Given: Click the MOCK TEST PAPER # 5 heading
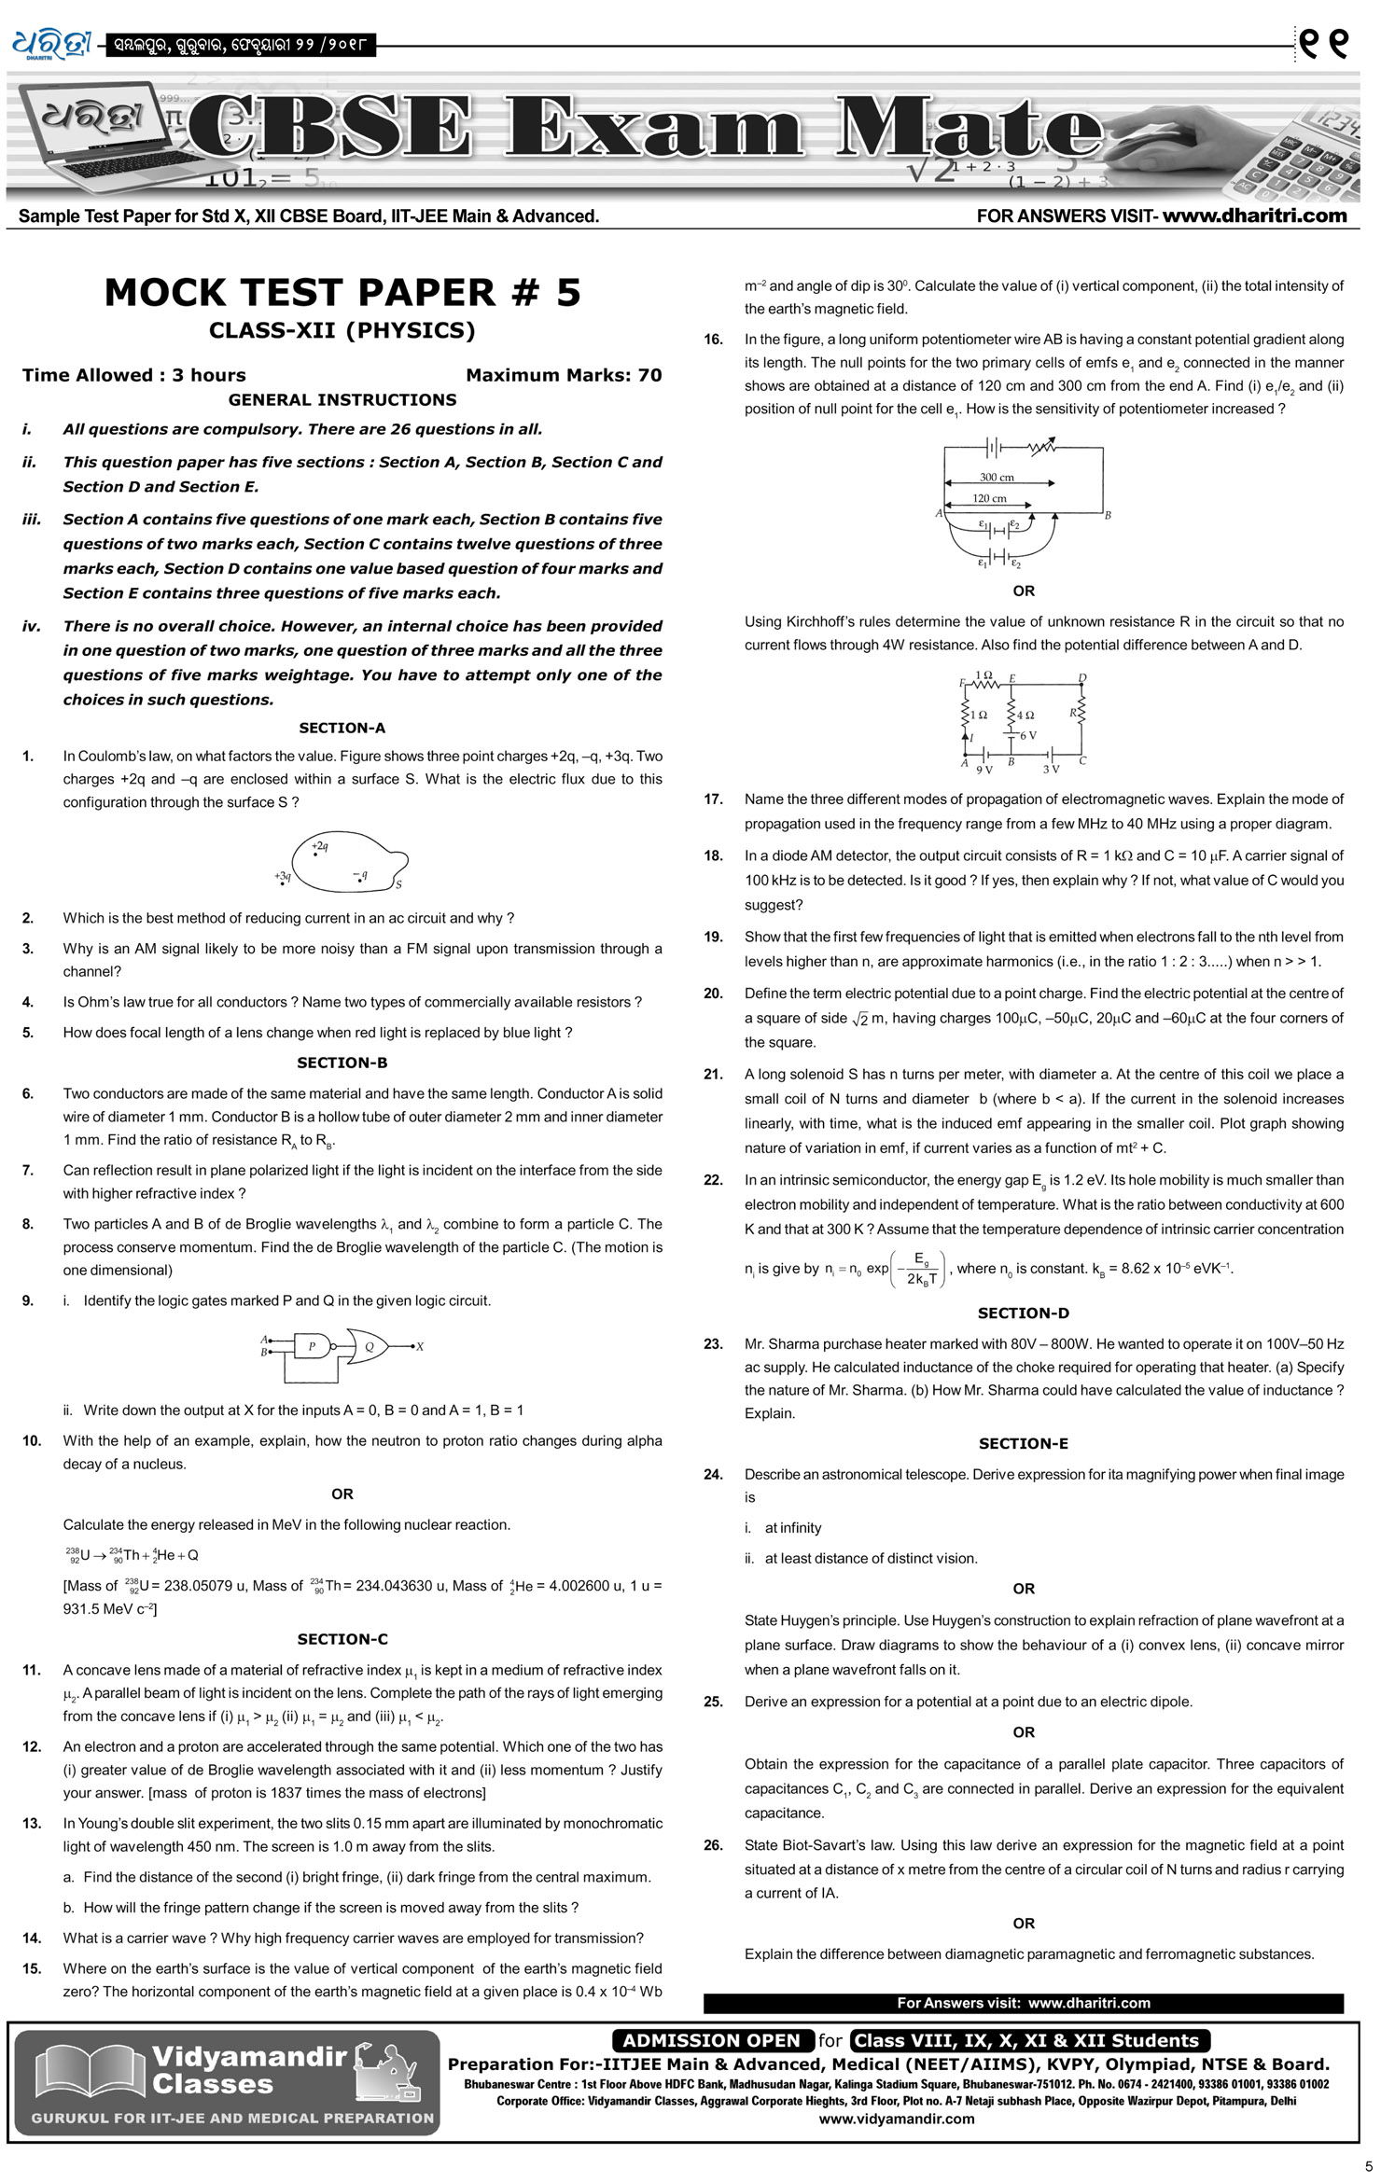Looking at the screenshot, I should click(x=342, y=293).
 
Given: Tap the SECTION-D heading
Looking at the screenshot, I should click(x=1023, y=1313).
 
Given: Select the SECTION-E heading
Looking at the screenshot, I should click(x=1023, y=1443).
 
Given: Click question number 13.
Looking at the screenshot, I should click(x=33, y=1823).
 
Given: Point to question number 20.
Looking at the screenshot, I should click(x=714, y=994).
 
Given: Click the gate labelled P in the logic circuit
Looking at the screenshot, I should click(x=312, y=1346).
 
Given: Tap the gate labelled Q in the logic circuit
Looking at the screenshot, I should click(x=369, y=1346).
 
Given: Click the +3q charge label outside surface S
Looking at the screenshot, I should click(x=283, y=876).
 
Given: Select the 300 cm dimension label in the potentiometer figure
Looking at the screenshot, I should click(x=997, y=477).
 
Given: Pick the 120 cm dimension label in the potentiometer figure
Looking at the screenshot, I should click(x=989, y=498).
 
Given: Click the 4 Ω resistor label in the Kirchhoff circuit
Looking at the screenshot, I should click(x=1025, y=715).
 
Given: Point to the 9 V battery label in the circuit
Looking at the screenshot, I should click(x=984, y=770).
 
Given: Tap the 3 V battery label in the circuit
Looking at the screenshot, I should click(x=1051, y=769).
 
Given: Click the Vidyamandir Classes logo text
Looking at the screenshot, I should click(x=248, y=2070).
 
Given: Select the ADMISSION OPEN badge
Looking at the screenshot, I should click(x=712, y=2040).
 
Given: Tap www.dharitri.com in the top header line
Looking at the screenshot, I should click(x=1255, y=215).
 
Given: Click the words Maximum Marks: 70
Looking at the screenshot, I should click(x=564, y=375).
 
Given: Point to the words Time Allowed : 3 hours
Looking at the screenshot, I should click(x=134, y=375).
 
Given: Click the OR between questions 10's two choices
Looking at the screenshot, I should click(x=342, y=1494).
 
